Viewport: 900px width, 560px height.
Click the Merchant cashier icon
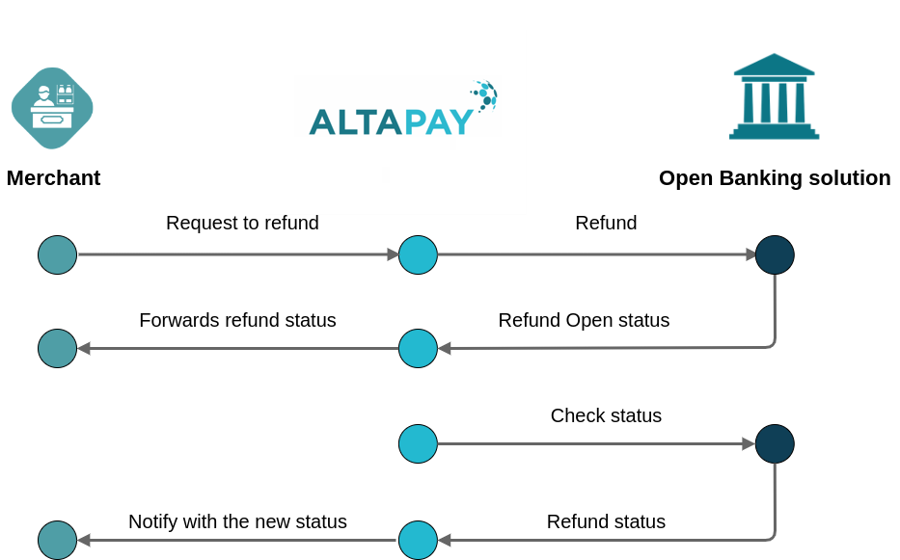click(52, 108)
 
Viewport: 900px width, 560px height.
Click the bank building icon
click(774, 97)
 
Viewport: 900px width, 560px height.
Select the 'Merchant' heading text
click(53, 178)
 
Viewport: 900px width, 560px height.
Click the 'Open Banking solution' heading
click(775, 178)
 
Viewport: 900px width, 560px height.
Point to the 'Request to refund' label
click(242, 224)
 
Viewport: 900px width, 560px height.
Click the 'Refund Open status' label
click(584, 321)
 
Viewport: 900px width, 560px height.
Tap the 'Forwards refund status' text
click(237, 321)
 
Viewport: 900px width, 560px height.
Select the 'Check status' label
click(606, 416)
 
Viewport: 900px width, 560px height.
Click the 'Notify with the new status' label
click(237, 522)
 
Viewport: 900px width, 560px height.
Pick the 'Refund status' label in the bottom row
click(606, 522)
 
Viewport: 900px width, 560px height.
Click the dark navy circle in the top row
click(775, 255)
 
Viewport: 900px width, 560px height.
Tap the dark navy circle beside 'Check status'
click(775, 444)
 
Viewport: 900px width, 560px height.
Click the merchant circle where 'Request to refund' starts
click(57, 255)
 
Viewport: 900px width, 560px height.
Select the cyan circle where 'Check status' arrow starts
click(418, 444)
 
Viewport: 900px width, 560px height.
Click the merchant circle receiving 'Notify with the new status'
click(57, 541)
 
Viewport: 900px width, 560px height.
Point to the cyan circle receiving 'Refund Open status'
click(418, 349)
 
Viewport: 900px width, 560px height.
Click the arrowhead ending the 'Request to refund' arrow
click(393, 255)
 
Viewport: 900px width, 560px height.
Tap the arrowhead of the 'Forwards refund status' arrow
click(84, 349)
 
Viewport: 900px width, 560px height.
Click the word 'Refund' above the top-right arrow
click(606, 224)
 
